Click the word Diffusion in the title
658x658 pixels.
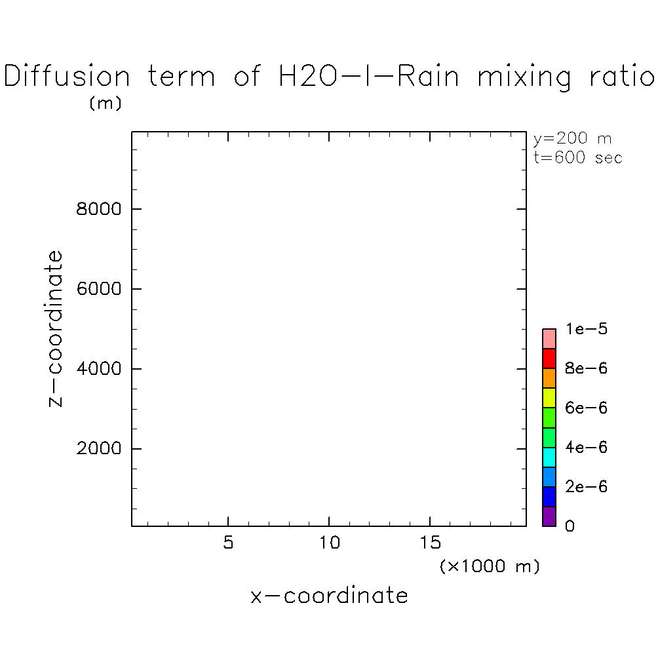[x=68, y=77]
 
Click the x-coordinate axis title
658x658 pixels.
[x=329, y=596]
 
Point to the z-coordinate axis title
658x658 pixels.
[x=56, y=328]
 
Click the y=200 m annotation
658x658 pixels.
[x=572, y=139]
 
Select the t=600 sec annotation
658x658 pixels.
[x=577, y=157]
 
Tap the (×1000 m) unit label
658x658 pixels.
[x=490, y=566]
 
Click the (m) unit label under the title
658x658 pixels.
[x=105, y=104]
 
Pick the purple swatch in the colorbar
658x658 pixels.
[x=549, y=516]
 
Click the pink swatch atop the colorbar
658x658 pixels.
[x=549, y=339]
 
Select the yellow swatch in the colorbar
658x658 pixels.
[x=549, y=398]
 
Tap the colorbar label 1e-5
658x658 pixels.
[x=587, y=329]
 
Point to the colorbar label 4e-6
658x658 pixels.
[x=587, y=448]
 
